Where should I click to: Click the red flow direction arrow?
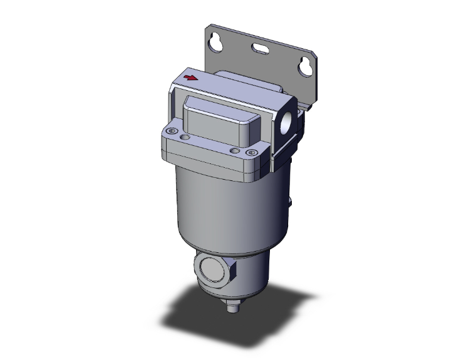[x=192, y=78]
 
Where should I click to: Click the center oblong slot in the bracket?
[x=262, y=48]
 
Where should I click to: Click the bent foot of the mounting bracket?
[x=305, y=103]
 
